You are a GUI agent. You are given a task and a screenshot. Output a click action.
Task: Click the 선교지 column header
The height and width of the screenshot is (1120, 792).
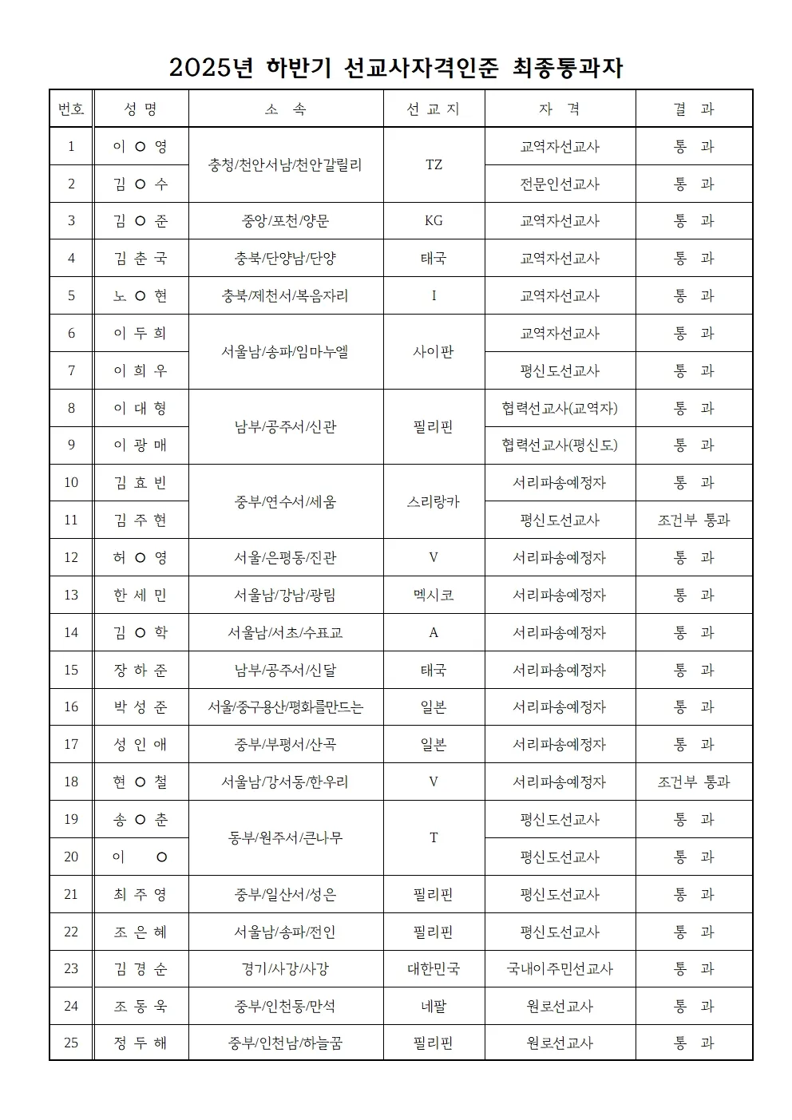point(434,109)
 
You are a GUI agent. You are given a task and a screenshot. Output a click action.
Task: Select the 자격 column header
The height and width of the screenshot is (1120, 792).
point(560,109)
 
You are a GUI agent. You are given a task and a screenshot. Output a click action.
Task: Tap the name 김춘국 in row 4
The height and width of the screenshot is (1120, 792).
point(141,259)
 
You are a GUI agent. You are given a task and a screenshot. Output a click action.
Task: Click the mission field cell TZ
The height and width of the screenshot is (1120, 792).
point(434,165)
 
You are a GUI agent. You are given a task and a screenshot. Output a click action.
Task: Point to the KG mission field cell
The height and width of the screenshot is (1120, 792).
point(434,221)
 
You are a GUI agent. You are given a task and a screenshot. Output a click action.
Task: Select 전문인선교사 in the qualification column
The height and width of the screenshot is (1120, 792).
point(560,184)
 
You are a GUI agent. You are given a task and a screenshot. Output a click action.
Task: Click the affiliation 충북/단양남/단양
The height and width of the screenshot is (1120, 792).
point(285,259)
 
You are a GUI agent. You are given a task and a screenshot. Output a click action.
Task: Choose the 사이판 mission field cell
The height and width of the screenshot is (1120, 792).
point(434,352)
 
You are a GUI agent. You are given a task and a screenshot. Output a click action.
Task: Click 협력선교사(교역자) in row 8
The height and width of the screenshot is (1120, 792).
point(560,409)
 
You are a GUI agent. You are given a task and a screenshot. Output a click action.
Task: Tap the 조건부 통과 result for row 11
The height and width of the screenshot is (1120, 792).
point(694,520)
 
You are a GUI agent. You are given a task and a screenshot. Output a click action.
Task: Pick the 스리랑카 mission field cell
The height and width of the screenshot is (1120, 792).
point(434,502)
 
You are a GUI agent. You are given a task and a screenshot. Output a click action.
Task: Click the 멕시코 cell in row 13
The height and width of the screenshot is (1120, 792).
point(434,596)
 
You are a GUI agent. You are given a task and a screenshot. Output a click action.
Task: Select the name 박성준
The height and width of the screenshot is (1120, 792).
point(141,707)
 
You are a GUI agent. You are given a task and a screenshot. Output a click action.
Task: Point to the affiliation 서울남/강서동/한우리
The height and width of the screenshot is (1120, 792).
point(285,782)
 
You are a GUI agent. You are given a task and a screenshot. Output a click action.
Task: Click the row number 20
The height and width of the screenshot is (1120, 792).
point(71,857)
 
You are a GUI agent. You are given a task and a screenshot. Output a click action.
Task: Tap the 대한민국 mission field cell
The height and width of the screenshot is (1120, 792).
point(434,969)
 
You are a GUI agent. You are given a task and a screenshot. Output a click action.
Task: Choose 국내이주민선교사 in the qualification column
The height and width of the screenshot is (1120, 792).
point(560,969)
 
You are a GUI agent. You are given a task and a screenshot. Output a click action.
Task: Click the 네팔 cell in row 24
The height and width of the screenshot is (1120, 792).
point(434,1007)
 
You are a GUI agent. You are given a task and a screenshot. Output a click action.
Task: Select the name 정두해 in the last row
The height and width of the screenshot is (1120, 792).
point(141,1043)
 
